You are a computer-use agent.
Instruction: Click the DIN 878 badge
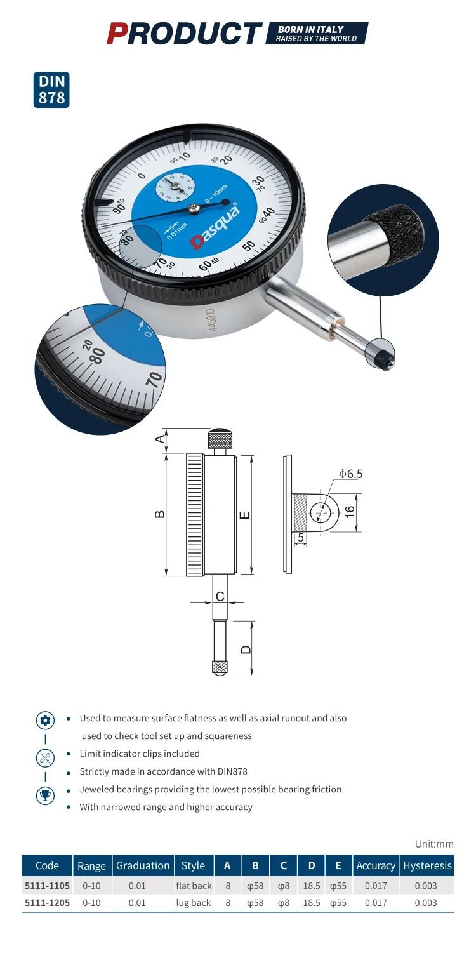pyautogui.click(x=51, y=90)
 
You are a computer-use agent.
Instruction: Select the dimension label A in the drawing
pyautogui.click(x=160, y=439)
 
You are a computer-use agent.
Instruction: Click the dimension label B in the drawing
pyautogui.click(x=160, y=514)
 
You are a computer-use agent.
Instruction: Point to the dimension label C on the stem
pyautogui.click(x=220, y=596)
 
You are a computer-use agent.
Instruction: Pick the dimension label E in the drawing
pyautogui.click(x=245, y=515)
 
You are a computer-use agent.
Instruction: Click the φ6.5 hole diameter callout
pyautogui.click(x=350, y=474)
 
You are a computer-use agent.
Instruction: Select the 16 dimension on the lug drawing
pyautogui.click(x=349, y=511)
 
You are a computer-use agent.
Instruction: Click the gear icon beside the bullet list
pyautogui.click(x=45, y=720)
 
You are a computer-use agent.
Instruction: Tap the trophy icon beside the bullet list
pyautogui.click(x=45, y=795)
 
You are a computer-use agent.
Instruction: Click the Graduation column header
pyautogui.click(x=142, y=865)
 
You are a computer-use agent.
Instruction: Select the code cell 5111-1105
pyautogui.click(x=47, y=885)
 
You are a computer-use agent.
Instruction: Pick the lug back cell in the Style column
pyautogui.click(x=193, y=903)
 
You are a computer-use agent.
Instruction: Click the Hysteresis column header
pyautogui.click(x=427, y=865)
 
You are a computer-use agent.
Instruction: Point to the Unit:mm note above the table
pyautogui.click(x=434, y=844)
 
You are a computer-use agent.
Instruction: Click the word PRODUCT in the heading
pyautogui.click(x=184, y=33)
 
